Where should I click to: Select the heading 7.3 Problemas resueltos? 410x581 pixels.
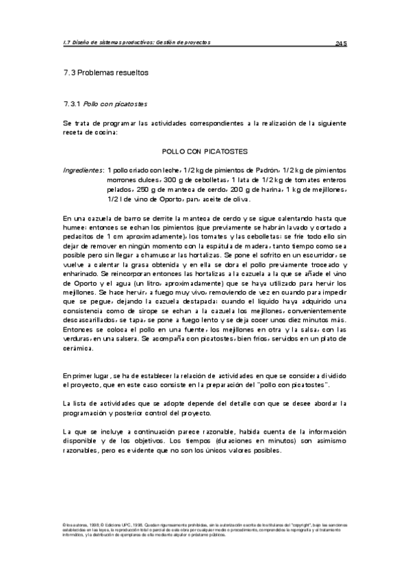click(105, 72)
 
